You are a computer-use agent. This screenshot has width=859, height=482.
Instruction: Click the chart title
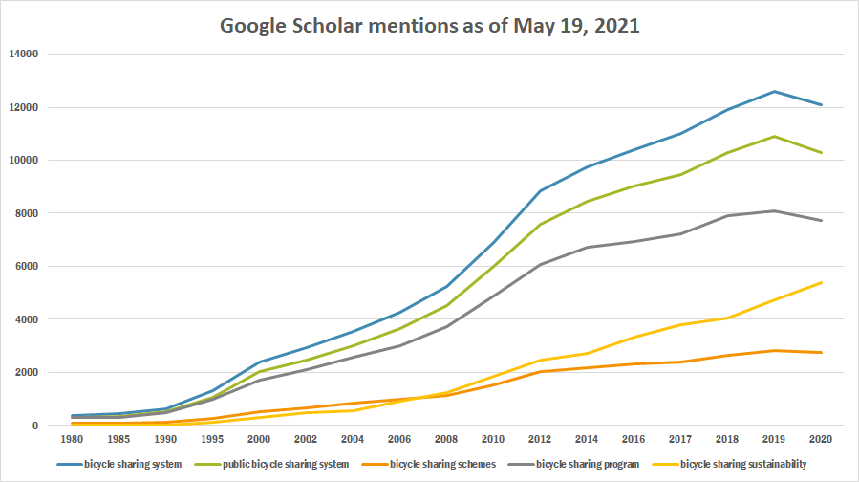[x=429, y=26]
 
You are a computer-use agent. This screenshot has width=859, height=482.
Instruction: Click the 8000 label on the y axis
[x=24, y=213]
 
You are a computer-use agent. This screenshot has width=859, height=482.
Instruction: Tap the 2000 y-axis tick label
[x=24, y=373]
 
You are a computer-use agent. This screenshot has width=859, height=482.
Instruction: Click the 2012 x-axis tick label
[x=540, y=441]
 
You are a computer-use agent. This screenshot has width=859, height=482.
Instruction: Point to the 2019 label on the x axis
[x=775, y=441]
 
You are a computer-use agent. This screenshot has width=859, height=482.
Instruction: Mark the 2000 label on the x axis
[x=258, y=441]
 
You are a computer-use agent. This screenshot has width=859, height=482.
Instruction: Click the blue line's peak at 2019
[x=775, y=91]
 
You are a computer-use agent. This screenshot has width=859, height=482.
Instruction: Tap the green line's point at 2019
[x=775, y=136]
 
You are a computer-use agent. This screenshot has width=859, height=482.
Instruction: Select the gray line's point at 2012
[x=540, y=264]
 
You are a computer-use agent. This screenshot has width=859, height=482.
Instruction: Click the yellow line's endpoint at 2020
[x=822, y=282]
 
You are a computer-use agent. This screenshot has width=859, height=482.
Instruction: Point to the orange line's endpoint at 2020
[x=822, y=352]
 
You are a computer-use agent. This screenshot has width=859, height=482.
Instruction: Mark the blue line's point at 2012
[x=540, y=190]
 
